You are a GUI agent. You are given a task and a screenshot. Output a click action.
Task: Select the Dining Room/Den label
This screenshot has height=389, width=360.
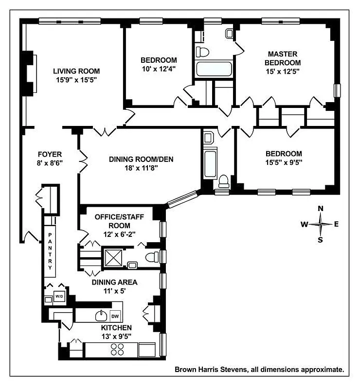(141, 159)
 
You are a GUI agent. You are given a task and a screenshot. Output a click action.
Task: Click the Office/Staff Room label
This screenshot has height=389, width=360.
(112, 221)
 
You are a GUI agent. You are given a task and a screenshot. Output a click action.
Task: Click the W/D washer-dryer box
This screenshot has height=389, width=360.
(59, 296)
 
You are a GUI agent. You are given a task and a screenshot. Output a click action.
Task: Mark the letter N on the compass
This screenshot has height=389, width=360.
(320, 209)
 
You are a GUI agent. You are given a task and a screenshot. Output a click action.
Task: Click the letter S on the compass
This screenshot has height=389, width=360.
(320, 239)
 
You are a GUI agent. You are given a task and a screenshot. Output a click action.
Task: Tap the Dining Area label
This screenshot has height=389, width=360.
(115, 282)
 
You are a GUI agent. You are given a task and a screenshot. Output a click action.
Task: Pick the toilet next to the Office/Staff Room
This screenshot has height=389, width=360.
(152, 256)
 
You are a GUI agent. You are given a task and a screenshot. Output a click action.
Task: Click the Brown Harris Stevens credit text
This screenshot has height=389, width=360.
(259, 370)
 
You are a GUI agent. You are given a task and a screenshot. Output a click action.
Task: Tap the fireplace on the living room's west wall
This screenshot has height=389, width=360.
(31, 73)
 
